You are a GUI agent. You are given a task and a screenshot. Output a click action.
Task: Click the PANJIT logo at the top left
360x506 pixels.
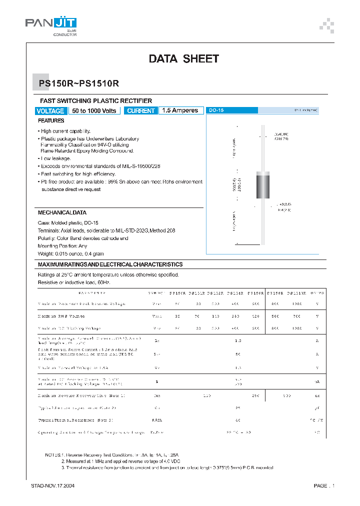pyautogui.click(x=51, y=25)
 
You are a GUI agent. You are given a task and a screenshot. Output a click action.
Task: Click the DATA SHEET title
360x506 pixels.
pyautogui.click(x=183, y=59)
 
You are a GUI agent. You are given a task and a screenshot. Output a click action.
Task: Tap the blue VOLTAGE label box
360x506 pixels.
pyautogui.click(x=50, y=111)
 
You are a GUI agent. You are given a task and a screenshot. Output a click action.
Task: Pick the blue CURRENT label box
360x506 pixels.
pyautogui.click(x=141, y=111)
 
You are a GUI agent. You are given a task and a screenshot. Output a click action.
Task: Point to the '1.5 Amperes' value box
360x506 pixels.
pyautogui.click(x=181, y=110)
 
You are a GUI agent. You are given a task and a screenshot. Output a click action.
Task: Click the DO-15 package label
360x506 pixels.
pyautogui.click(x=216, y=110)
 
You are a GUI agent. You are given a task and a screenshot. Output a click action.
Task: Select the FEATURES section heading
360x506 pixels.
pyautogui.click(x=51, y=121)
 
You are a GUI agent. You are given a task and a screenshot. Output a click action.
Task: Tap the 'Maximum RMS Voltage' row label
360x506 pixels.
pyautogui.click(x=61, y=316)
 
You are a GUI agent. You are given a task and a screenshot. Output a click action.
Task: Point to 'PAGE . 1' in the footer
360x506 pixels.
pyautogui.click(x=323, y=485)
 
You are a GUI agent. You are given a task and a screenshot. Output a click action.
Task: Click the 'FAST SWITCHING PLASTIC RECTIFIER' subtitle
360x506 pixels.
pyautogui.click(x=95, y=100)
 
